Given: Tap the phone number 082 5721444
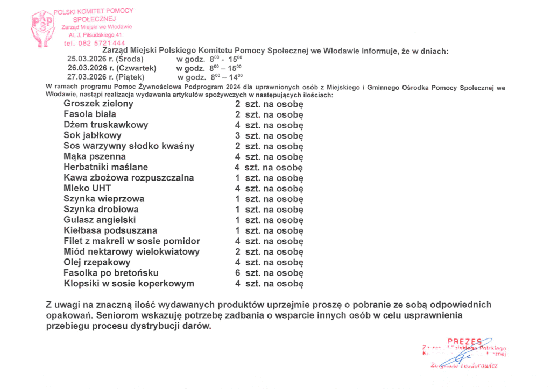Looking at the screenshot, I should tap(94, 43).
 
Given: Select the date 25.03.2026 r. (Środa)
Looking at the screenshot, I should tap(105, 59).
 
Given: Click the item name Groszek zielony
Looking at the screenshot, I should tap(98, 103).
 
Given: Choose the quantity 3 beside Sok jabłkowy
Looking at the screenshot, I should tap(237, 135).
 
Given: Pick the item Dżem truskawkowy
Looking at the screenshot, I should tap(105, 125).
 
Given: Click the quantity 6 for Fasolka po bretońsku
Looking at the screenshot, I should tap(237, 273).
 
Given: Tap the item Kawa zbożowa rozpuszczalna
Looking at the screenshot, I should tap(129, 178).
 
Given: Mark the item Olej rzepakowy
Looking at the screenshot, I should tap(97, 262).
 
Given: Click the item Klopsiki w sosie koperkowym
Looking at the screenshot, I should tap(129, 284).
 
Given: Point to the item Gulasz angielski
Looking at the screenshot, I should tap(100, 220).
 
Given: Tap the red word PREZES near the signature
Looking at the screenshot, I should tap(464, 341).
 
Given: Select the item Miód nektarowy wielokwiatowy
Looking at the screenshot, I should tap(131, 251).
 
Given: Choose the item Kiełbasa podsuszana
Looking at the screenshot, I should tap(110, 230).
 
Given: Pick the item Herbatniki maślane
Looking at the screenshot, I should tap(105, 167).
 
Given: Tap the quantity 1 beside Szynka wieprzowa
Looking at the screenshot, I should tap(237, 199).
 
